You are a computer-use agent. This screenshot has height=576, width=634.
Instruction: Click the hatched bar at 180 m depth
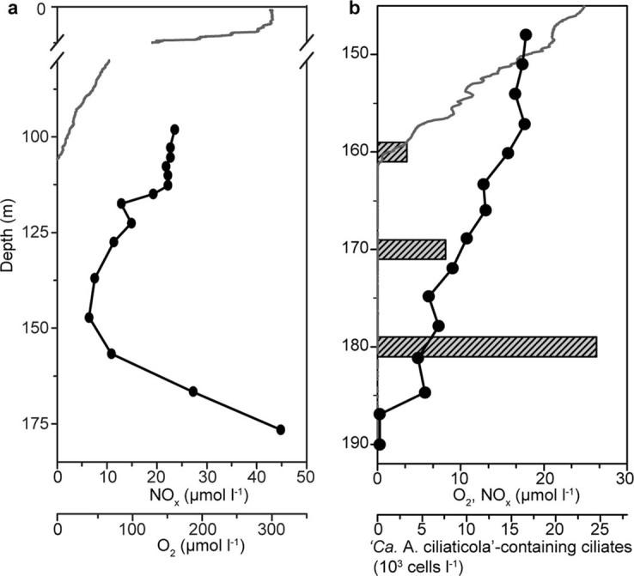pos(487,347)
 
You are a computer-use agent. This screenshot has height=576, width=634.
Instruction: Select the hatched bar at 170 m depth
pos(411,249)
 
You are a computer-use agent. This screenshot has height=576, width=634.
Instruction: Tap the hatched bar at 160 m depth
pos(393,152)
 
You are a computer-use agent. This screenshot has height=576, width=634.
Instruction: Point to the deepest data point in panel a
pos(280,429)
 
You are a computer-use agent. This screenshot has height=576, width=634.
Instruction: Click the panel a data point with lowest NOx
pos(88,318)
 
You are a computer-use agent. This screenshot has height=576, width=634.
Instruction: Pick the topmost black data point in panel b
pos(526,35)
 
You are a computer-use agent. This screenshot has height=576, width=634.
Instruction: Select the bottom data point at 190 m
pos(380,445)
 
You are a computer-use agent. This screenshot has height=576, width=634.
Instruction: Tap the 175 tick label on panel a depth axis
pos(34,424)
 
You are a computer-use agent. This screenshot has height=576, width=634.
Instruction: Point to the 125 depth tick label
pos(34,233)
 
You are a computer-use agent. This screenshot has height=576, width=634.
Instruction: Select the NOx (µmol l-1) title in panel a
pos(182,494)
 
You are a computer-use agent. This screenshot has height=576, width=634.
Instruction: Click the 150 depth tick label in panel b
pos(357,54)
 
